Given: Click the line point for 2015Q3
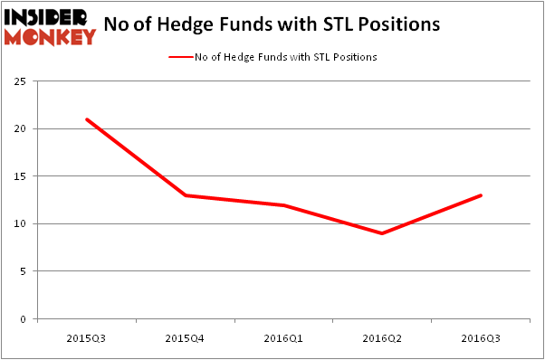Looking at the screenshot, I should (86, 119).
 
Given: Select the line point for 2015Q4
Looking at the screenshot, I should (186, 195).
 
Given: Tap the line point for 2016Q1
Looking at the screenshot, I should (284, 205).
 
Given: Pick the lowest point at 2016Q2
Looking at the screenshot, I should (383, 233).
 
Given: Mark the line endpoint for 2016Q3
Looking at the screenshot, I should (482, 195).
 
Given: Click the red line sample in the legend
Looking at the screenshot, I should (180, 57).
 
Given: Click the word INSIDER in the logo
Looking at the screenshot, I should (47, 17).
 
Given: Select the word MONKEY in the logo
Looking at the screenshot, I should (50, 36).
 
